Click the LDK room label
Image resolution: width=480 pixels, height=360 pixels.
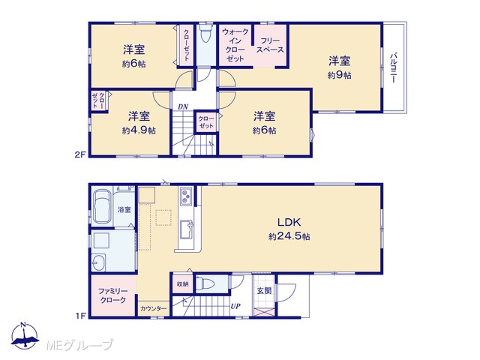tap(289, 222)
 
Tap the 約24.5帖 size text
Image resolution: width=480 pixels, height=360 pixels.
tap(289, 236)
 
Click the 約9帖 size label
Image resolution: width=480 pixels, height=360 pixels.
tap(340, 75)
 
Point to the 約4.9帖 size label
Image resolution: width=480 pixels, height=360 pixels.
tap(139, 130)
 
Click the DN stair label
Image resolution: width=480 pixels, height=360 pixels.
tap(183, 106)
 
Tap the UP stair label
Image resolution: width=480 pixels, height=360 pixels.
tap(235, 306)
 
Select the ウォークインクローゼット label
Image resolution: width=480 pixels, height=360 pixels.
tap(235, 45)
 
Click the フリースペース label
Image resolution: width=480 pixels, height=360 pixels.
tap(270, 45)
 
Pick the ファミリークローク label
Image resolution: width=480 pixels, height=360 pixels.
tap(113, 295)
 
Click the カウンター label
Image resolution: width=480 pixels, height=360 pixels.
tap(153, 309)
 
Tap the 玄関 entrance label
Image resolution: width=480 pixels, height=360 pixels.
tap(264, 290)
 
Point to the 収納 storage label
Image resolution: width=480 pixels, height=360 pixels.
tap(183, 284)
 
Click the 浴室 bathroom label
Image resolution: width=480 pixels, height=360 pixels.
tap(124, 210)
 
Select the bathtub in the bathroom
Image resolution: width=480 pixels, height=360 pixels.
tap(102, 207)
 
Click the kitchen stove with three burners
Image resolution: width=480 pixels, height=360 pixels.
tap(186, 196)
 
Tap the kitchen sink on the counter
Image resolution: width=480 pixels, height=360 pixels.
tap(187, 229)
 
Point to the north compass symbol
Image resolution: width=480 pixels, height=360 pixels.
tap(25, 335)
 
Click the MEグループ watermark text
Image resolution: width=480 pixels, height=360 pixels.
tap(79, 346)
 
